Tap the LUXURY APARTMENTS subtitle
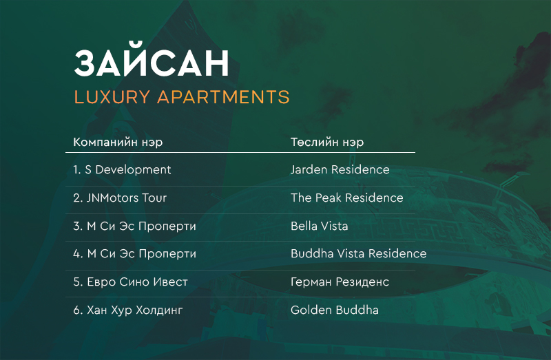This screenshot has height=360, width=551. click(x=182, y=97)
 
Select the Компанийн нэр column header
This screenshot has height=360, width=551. click(x=118, y=142)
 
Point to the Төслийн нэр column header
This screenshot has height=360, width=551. click(x=327, y=142)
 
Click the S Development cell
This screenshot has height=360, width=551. click(x=122, y=169)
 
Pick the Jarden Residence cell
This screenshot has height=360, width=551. click(x=340, y=169)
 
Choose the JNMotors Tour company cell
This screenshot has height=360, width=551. click(x=120, y=198)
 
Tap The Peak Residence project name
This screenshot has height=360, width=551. click(x=347, y=198)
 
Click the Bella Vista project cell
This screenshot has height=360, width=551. click(x=319, y=226)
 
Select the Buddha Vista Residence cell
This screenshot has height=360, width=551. click(x=358, y=253)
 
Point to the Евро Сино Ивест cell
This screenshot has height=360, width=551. click(x=130, y=282)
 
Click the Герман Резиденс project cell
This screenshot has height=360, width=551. click(x=340, y=282)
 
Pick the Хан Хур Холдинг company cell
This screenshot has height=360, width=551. click(x=128, y=310)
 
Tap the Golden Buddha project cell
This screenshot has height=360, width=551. click(x=335, y=310)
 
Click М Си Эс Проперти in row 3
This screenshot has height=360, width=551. click(x=141, y=226)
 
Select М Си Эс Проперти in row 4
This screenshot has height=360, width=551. click(x=141, y=253)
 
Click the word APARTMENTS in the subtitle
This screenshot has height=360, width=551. click(x=223, y=97)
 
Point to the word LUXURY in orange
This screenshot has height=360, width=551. click(x=112, y=97)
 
